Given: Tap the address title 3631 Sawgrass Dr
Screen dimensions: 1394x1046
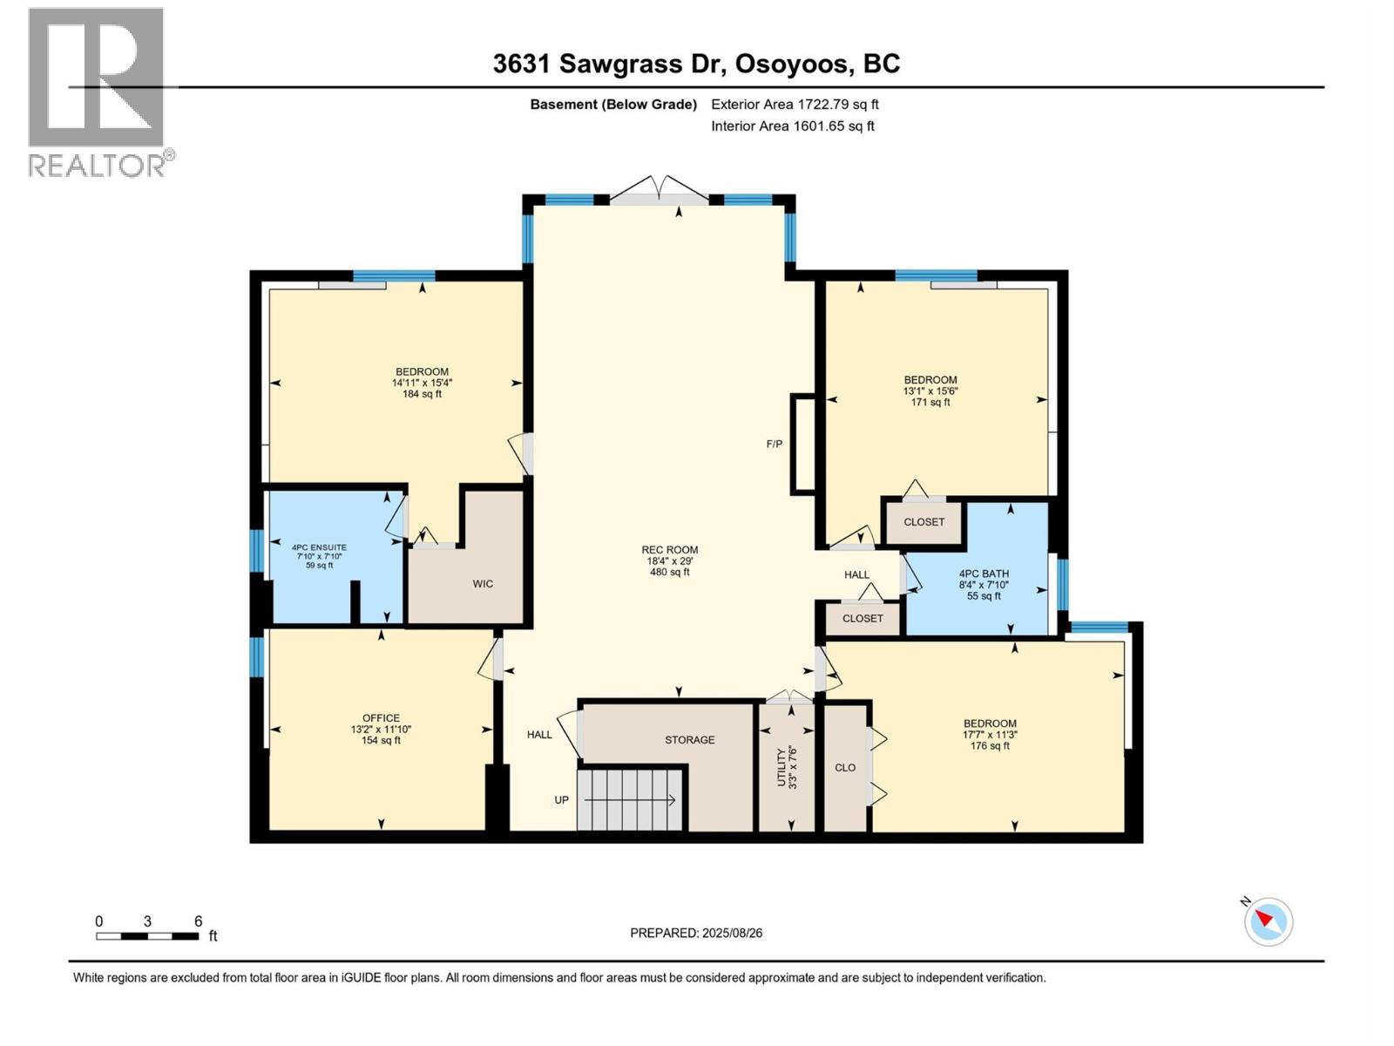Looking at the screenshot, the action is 609,65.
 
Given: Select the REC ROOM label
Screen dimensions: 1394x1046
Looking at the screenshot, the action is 669,550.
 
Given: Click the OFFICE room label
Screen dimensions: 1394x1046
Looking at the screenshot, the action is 381,717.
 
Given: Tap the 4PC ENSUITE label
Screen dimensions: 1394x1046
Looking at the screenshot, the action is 320,547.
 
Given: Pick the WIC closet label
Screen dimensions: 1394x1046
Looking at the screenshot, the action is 483,584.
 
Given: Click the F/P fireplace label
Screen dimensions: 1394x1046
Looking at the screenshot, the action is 775,444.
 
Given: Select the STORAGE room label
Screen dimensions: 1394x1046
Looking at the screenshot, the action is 690,740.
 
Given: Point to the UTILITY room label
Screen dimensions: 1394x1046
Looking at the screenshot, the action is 782,767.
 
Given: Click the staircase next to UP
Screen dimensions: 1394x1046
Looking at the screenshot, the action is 630,799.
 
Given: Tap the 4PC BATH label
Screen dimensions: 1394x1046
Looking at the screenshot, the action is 984,574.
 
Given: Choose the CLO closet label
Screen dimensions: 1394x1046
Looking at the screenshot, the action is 845,768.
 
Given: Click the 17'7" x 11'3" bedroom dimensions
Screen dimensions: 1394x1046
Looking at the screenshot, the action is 990,735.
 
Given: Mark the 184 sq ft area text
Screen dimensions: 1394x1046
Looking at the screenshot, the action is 422,394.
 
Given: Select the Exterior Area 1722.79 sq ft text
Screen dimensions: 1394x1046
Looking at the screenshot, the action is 795,104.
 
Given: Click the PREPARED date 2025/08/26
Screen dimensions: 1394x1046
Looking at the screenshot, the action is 732,933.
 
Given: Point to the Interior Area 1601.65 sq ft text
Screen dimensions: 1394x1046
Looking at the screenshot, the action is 793,126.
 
